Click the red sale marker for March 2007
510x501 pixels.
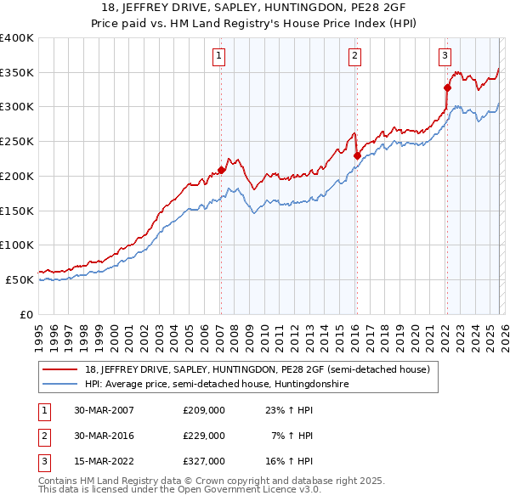point(221,170)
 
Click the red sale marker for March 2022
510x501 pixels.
point(446,87)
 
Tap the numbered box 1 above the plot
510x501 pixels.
point(219,56)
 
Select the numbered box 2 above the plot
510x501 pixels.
point(354,56)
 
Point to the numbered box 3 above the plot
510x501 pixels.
point(445,56)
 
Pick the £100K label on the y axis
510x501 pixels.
point(17,245)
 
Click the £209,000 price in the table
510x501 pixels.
point(204,409)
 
